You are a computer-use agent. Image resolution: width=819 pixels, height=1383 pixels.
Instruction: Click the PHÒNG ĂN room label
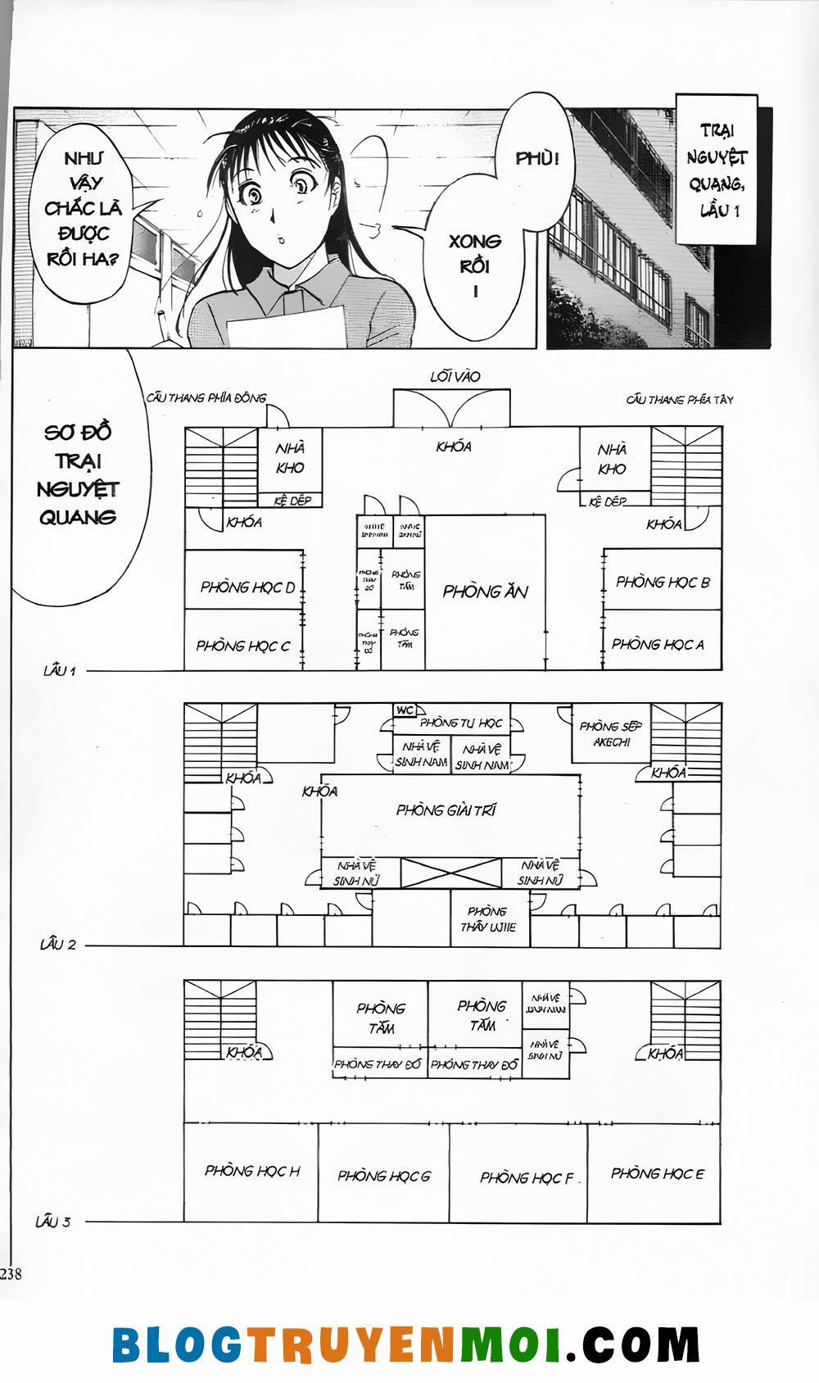click(485, 592)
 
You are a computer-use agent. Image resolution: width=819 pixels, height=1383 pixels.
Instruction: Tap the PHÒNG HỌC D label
click(247, 587)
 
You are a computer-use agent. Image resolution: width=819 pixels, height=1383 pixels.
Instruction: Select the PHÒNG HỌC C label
click(243, 646)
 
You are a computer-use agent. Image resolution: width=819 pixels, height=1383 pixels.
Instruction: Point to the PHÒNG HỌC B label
click(663, 583)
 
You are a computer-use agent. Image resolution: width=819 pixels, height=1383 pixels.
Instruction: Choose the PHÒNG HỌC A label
click(658, 644)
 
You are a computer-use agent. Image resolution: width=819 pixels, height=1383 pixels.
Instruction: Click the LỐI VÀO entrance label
click(455, 377)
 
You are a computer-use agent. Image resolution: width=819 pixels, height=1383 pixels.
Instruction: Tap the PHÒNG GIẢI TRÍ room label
click(446, 810)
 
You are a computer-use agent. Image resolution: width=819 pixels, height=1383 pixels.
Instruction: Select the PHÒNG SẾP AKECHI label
click(610, 733)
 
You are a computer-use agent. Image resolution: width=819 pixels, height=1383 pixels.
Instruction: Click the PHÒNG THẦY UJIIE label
click(488, 919)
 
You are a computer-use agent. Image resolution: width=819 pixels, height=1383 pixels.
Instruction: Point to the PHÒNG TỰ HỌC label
click(461, 723)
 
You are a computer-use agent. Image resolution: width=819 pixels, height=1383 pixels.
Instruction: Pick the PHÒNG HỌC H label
click(252, 1171)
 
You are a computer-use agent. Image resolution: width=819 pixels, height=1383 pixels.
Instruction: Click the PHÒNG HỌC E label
click(657, 1173)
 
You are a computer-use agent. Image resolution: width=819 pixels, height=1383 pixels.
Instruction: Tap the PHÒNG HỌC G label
click(384, 1176)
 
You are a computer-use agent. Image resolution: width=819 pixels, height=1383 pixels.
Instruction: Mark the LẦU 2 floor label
click(58, 945)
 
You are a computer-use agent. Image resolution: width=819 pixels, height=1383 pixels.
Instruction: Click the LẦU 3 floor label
click(53, 1222)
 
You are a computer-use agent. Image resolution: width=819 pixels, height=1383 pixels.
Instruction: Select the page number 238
click(11, 1273)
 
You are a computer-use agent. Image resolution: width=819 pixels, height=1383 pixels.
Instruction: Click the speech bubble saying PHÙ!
click(536, 158)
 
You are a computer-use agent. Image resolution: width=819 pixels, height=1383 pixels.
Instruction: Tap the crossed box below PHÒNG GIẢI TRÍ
click(451, 873)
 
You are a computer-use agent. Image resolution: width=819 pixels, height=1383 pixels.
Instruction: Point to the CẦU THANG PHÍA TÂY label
click(680, 400)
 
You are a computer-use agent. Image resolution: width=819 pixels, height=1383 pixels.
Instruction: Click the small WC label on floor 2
click(405, 710)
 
